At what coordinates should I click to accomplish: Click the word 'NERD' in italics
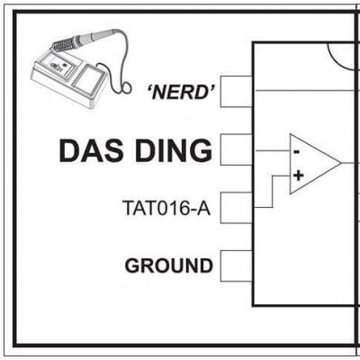(x=181, y=92)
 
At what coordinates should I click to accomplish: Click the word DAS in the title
(x=91, y=150)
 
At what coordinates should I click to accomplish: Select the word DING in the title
(x=173, y=150)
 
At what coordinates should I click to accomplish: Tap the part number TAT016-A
(x=166, y=208)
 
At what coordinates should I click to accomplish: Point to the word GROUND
(x=169, y=265)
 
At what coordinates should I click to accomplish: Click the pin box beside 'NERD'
(x=237, y=92)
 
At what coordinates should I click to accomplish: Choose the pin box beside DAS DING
(x=237, y=149)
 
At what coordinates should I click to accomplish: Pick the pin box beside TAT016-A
(x=237, y=208)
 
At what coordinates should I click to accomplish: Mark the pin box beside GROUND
(x=237, y=265)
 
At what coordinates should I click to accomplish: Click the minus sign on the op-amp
(x=297, y=152)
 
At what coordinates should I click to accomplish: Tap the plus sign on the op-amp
(x=298, y=175)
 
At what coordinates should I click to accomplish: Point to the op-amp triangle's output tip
(x=341, y=164)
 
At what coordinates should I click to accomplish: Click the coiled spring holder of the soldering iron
(x=64, y=44)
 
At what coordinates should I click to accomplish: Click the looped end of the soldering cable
(x=125, y=87)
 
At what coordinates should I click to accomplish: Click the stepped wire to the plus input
(x=272, y=192)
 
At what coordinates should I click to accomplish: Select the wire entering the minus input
(x=273, y=150)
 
